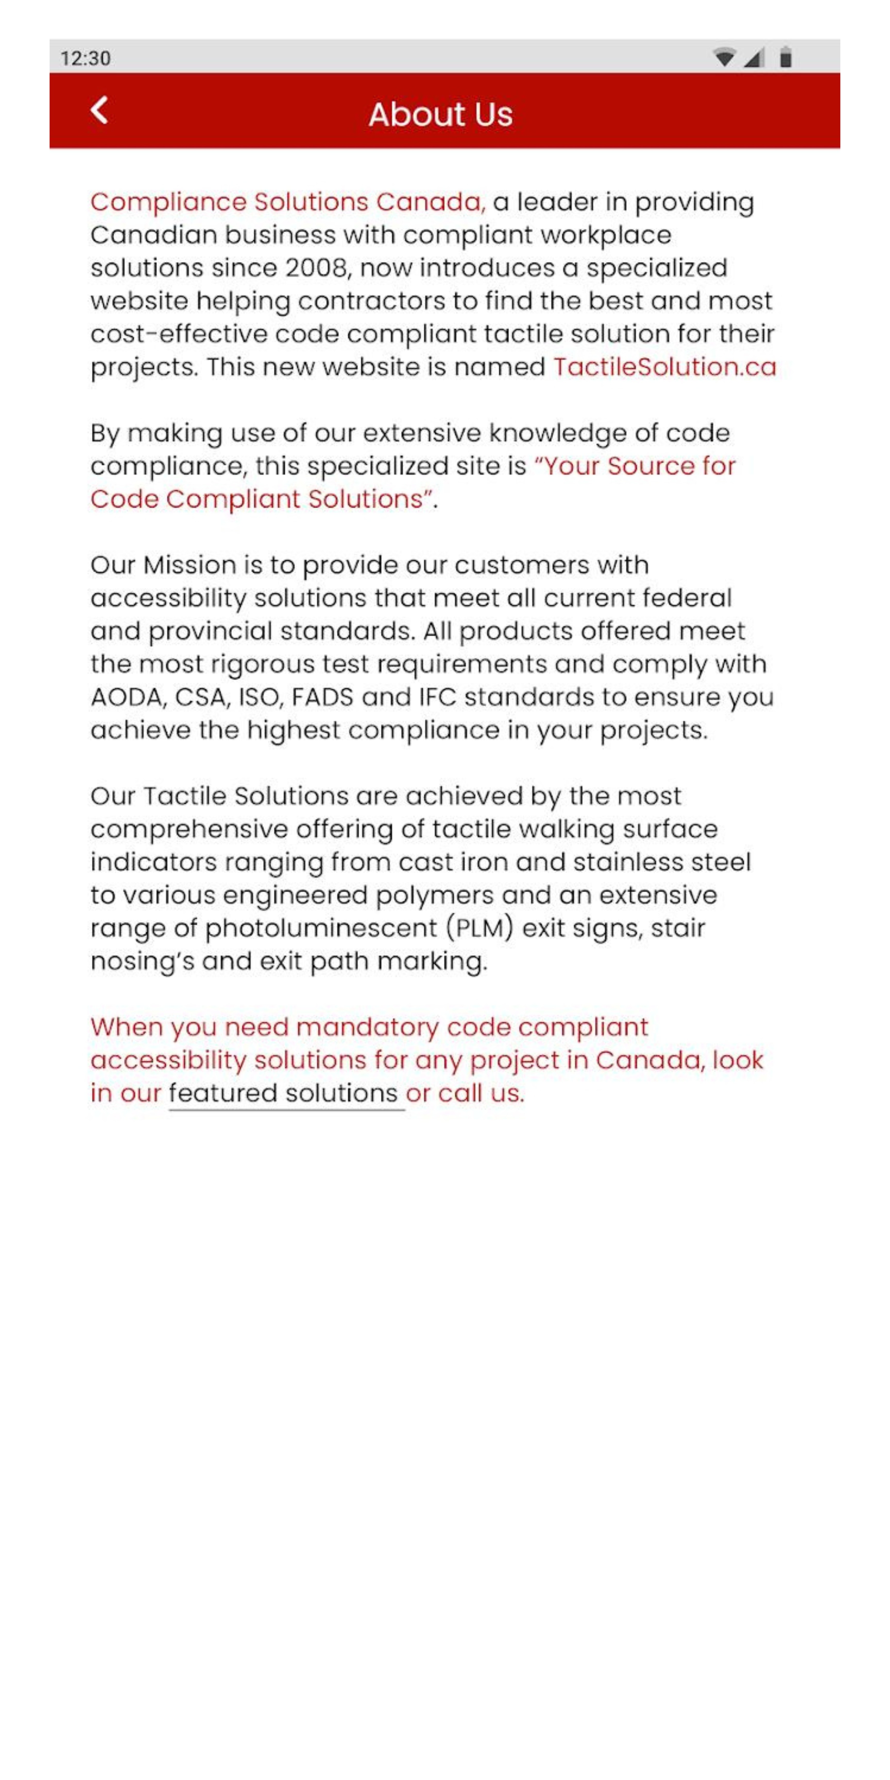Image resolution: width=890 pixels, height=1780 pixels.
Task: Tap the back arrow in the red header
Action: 99,110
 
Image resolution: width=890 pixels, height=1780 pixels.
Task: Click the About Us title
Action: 440,115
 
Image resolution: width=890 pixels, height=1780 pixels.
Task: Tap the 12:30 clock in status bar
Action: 85,58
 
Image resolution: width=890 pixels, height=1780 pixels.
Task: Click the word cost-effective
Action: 178,335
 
